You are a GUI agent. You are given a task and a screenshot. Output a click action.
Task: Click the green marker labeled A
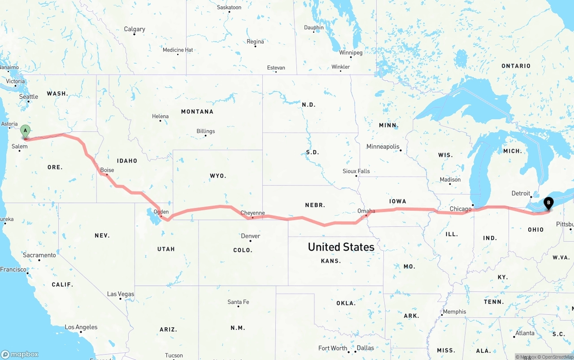click(26, 131)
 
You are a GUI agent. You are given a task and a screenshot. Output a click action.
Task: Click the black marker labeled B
click(548, 203)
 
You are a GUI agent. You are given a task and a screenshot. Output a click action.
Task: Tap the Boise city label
click(107, 170)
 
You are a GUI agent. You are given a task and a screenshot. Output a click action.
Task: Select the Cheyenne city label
click(252, 213)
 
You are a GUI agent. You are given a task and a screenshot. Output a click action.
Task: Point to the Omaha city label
click(366, 211)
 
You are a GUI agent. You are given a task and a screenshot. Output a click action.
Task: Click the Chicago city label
click(461, 209)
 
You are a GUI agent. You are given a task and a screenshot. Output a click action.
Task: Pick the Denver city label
click(250, 236)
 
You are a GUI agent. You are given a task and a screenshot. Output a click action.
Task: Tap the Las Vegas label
click(121, 294)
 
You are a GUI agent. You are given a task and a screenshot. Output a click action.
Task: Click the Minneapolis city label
click(383, 147)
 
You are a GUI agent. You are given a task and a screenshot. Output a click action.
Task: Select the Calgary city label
click(135, 29)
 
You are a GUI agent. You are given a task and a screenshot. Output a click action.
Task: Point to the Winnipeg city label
click(351, 52)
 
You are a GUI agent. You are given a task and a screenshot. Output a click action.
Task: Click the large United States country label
click(341, 247)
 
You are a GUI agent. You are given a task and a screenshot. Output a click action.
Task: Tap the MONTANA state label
click(197, 111)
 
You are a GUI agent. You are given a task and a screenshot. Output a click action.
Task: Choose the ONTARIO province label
click(516, 66)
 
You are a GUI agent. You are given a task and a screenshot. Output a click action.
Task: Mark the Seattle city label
click(29, 96)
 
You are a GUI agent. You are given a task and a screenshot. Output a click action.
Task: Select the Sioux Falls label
click(356, 171)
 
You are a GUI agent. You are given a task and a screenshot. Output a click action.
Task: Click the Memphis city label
click(454, 312)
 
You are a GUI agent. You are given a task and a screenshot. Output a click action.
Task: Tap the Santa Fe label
click(238, 302)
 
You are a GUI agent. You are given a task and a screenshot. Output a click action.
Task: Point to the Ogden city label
click(161, 212)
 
